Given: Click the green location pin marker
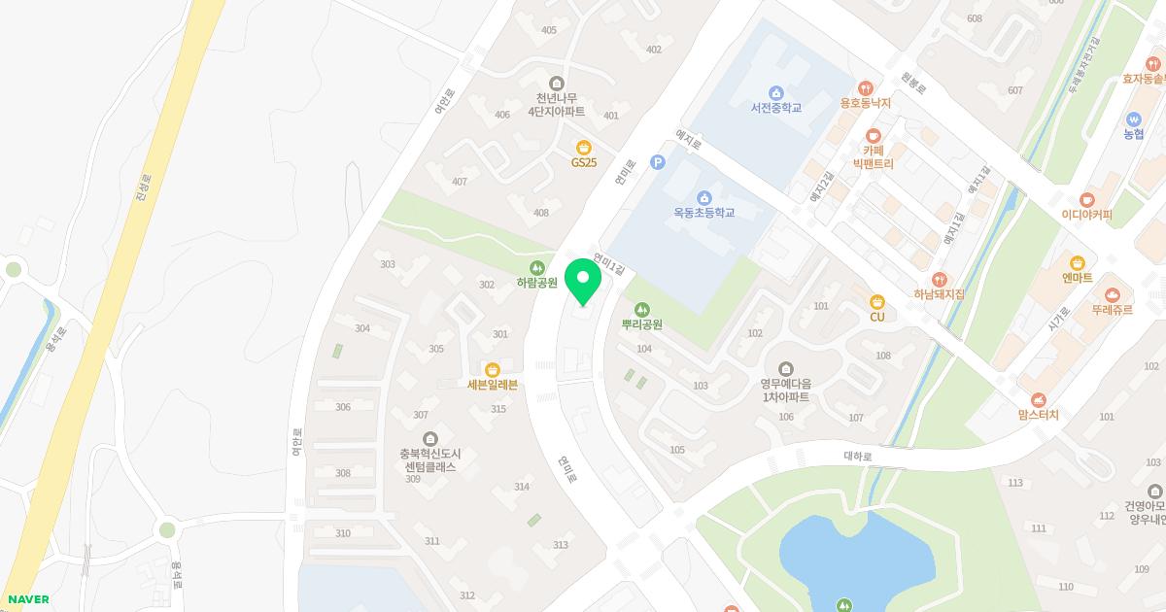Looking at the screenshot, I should click(x=582, y=281).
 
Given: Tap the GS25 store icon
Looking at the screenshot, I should click(x=584, y=147).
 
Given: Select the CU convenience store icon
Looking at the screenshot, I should click(x=877, y=301).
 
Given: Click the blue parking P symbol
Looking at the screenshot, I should click(x=657, y=162).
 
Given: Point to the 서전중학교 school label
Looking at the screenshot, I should click(x=775, y=107).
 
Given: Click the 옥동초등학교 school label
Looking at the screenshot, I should click(x=704, y=212).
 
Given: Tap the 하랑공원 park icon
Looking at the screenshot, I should click(x=535, y=267).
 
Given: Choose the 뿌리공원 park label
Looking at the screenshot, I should click(x=641, y=324).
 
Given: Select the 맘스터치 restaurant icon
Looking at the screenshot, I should click(x=1039, y=399).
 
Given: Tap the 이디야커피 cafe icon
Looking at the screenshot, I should click(x=1086, y=199).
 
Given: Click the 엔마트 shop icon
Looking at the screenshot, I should click(x=1077, y=262).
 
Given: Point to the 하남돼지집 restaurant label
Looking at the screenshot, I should click(x=939, y=293).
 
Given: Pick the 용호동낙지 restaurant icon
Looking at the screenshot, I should click(x=865, y=87).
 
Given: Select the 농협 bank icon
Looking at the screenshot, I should click(x=1133, y=119).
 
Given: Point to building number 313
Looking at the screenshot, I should click(x=561, y=545).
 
